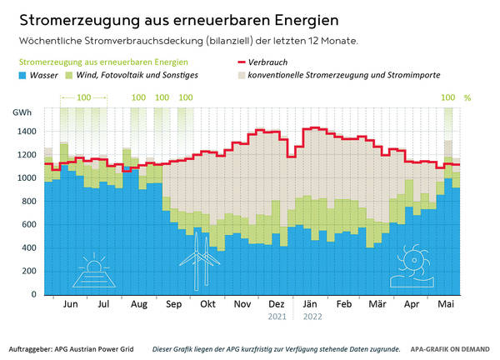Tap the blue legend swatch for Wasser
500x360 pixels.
(23, 75)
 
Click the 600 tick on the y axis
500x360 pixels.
(28, 225)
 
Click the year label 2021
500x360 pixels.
(277, 317)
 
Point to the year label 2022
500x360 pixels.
(311, 317)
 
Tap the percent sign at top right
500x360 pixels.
(467, 97)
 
